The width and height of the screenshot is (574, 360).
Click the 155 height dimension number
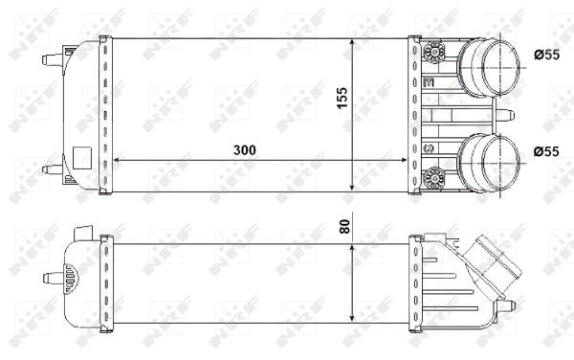coord(342,98)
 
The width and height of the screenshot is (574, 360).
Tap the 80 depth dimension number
coord(342,230)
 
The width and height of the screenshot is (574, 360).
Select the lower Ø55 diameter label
coord(546,150)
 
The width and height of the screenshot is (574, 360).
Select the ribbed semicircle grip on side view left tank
coord(71,280)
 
